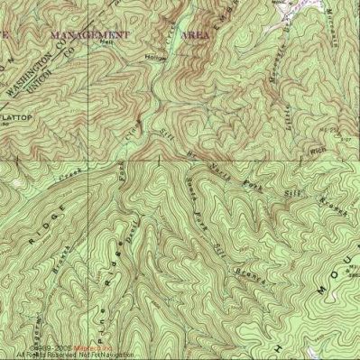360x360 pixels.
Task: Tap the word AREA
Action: tap(196, 33)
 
